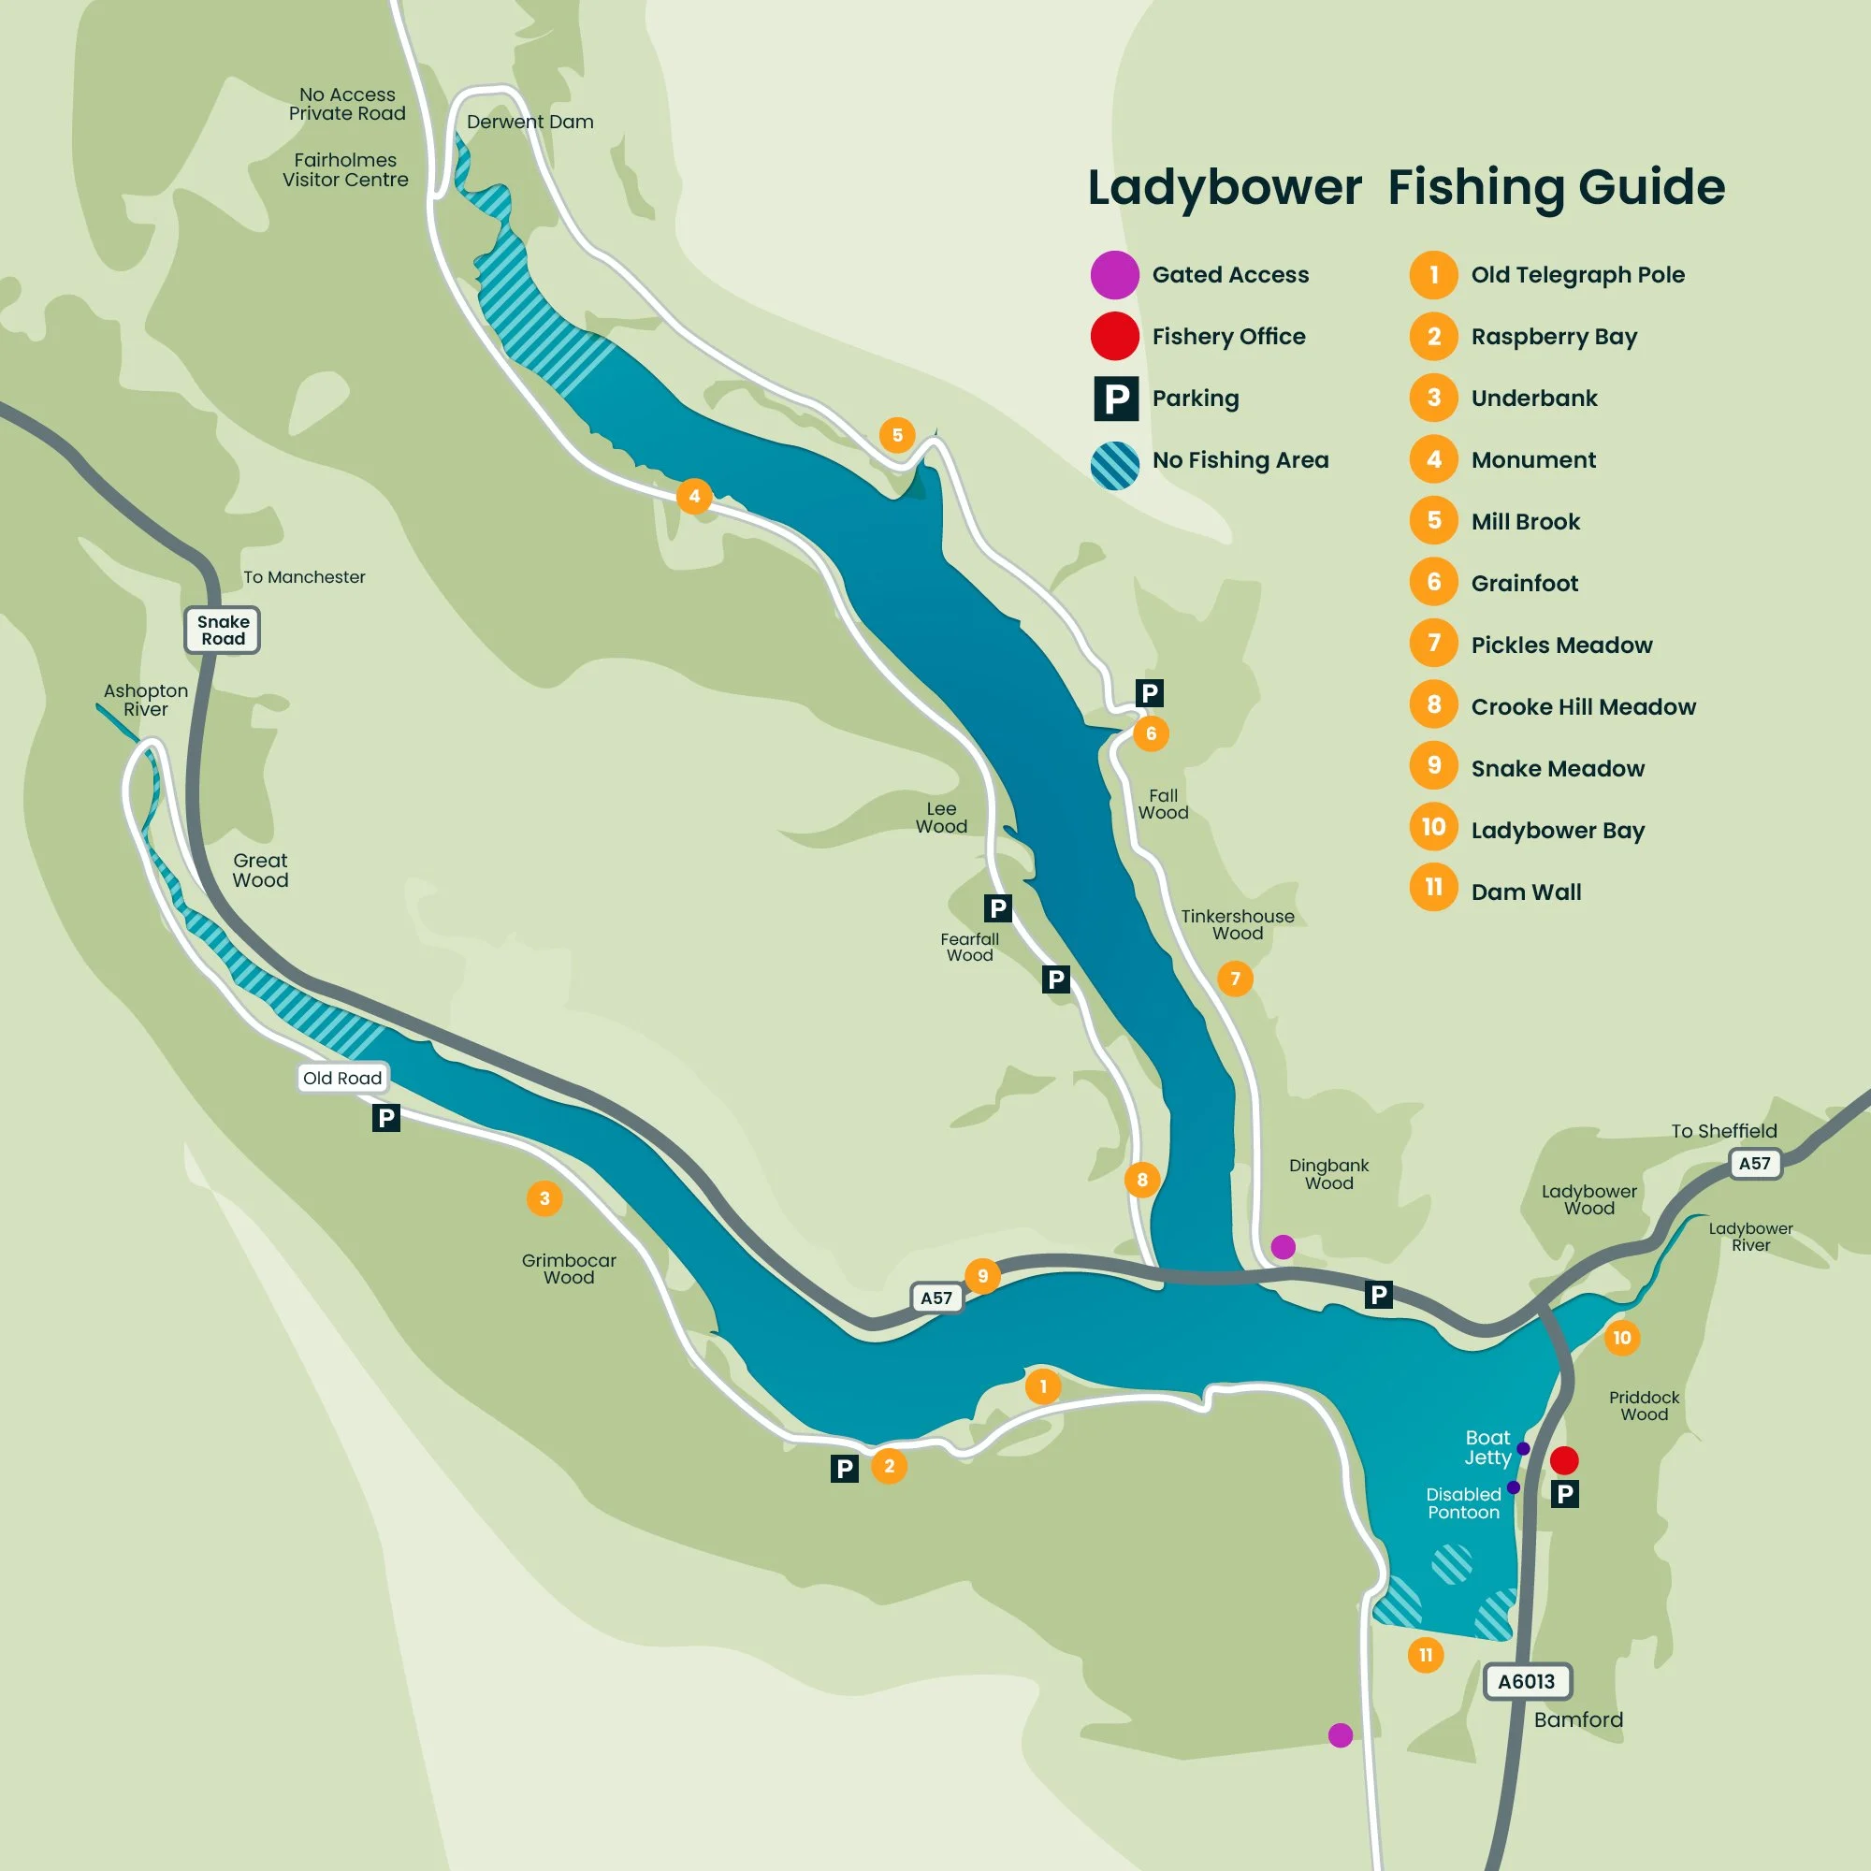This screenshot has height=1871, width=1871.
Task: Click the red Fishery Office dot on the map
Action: point(1564,1459)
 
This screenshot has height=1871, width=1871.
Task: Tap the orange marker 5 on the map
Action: point(897,435)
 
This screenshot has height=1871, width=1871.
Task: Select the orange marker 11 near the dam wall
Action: point(1426,1655)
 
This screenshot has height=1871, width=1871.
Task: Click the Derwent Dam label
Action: point(529,122)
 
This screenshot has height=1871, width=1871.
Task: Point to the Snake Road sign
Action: point(223,631)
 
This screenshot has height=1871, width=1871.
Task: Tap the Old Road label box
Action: point(341,1078)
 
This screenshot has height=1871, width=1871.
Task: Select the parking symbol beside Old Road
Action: point(385,1119)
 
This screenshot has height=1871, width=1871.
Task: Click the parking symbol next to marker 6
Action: point(1150,693)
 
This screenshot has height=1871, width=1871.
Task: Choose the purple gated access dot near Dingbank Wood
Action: point(1284,1246)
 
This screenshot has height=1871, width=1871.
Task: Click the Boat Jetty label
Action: point(1487,1448)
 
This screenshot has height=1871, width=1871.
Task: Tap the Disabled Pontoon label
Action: point(1463,1503)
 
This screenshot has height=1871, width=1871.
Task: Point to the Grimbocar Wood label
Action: point(569,1269)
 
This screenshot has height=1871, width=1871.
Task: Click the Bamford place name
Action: point(1578,1720)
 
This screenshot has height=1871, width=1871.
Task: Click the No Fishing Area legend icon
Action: point(1115,466)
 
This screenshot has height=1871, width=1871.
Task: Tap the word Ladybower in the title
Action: point(1224,187)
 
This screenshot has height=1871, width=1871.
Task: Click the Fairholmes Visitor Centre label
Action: point(345,169)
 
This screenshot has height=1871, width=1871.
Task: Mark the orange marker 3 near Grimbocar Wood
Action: point(544,1199)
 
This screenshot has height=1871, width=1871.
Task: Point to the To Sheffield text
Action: point(1724,1131)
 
